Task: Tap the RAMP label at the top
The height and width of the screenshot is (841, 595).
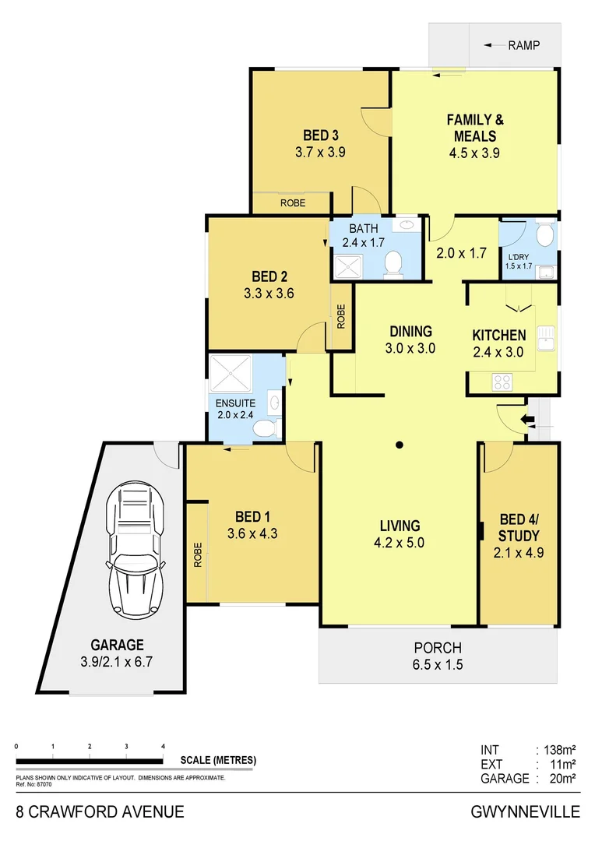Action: [x=523, y=46]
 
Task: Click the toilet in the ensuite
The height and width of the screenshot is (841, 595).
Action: [x=266, y=428]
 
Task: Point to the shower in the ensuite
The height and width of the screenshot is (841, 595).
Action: [x=231, y=375]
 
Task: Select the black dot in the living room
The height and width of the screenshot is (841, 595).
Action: [x=399, y=445]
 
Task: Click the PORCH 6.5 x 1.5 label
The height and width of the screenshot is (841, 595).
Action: [x=437, y=655]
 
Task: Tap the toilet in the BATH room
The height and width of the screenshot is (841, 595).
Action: [x=393, y=262]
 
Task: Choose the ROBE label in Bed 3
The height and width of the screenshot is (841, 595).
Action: [x=292, y=203]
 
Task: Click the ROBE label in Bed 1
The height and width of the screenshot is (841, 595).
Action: [x=198, y=554]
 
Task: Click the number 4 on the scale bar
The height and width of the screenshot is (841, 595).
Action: [x=163, y=746]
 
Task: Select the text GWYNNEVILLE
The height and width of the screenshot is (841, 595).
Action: [x=526, y=812]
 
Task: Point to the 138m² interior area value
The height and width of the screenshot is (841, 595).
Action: [x=556, y=751]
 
